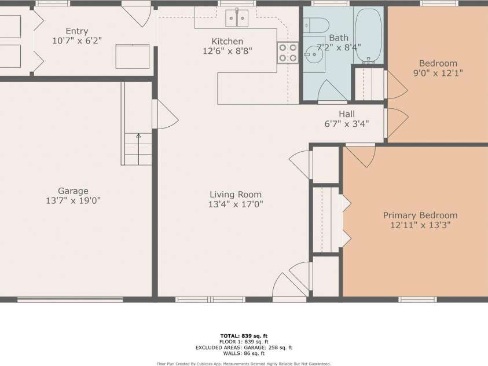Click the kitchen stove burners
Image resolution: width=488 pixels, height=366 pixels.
[288, 52]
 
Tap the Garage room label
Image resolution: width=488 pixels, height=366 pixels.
[73, 191]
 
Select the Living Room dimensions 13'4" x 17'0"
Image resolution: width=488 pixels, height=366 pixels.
[236, 204]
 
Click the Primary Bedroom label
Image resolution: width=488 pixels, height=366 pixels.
[420, 215]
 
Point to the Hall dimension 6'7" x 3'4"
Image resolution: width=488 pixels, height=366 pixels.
[347, 123]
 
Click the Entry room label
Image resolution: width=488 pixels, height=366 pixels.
[76, 31]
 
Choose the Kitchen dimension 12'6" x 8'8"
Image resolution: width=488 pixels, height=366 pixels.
[227, 51]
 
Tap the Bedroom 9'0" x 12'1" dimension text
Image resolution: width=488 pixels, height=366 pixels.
[438, 73]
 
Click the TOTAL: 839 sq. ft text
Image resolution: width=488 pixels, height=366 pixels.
[244, 336]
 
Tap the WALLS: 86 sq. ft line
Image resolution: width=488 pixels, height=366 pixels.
[244, 353]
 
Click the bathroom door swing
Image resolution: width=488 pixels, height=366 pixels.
[332, 91]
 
